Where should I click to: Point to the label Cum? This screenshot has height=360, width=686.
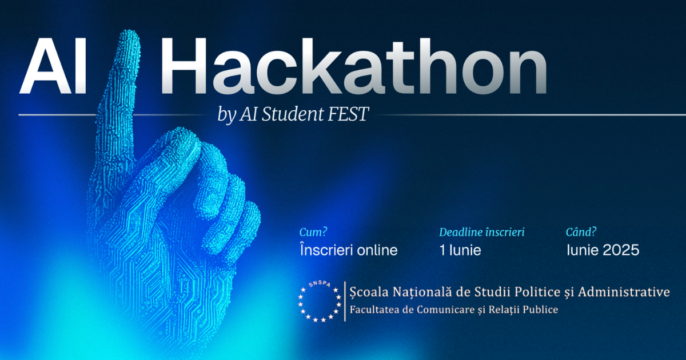[x=313, y=233]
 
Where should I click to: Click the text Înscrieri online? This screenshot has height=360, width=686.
[x=348, y=250]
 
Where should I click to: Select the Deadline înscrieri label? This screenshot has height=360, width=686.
[x=481, y=233]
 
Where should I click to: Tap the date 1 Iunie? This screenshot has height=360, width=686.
[x=460, y=250]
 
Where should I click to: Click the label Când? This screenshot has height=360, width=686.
[x=581, y=233]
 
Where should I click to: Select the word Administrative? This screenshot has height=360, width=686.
[x=624, y=293]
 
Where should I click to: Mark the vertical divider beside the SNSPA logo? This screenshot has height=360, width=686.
[x=345, y=301]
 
